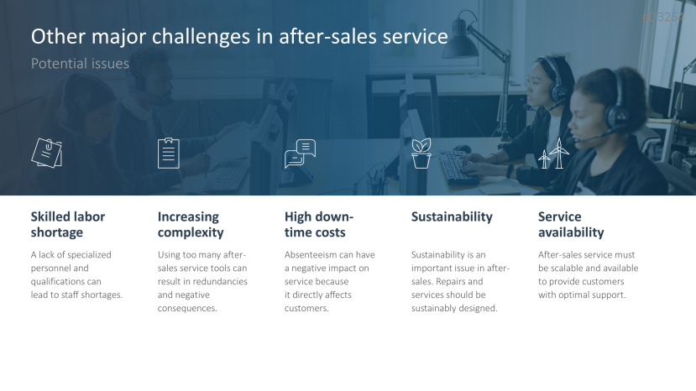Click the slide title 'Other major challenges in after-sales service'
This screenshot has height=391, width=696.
239,38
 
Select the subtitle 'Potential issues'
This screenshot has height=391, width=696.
80,64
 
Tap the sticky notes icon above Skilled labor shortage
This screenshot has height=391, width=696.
47,152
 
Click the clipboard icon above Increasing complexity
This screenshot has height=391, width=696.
169,152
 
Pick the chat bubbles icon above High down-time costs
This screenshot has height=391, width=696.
300,153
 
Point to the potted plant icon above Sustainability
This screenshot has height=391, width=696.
421,153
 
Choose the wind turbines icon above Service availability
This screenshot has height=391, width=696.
553,154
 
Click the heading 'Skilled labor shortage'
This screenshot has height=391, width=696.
69,224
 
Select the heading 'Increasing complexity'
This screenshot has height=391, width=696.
191,224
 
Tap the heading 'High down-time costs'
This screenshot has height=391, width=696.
319,224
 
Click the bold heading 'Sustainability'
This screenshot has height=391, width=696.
452,216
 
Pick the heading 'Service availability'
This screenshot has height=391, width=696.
571,224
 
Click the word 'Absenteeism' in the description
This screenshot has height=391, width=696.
311,255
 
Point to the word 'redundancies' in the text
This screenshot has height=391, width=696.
221,282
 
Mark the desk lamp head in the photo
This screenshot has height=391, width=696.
461,48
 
